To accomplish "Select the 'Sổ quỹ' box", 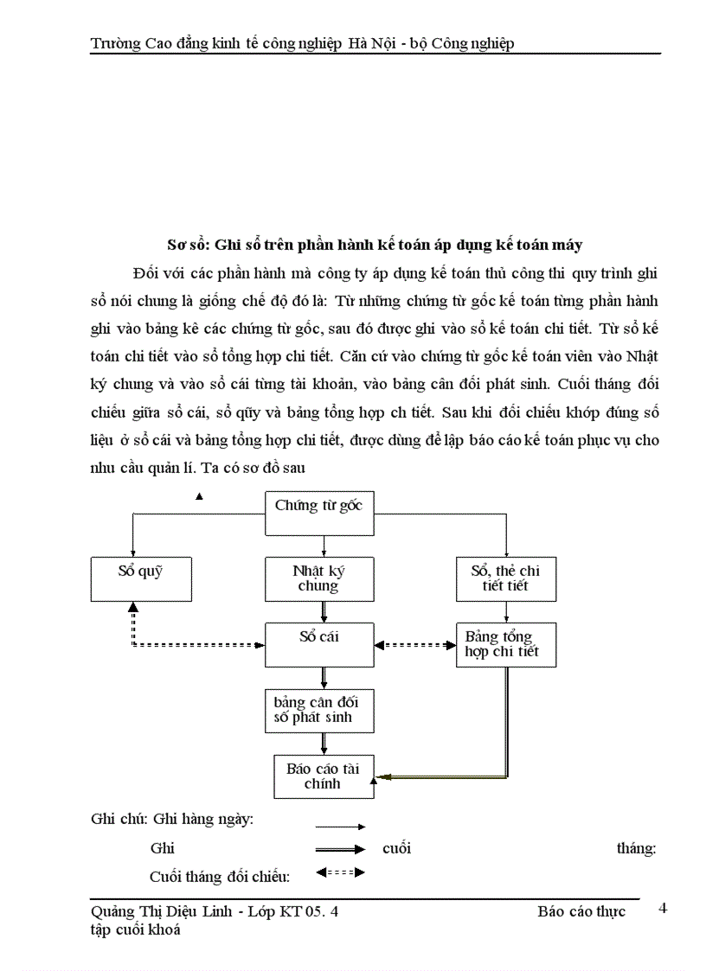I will click(140, 578).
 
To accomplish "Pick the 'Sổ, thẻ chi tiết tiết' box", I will click(505, 578).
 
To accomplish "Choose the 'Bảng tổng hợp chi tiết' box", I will click(505, 644).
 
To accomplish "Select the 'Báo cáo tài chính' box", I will click(323, 776).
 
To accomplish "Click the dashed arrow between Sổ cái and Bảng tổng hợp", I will click(414, 645).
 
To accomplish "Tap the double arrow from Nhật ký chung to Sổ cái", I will click(323, 612).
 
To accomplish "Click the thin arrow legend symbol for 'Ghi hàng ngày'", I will click(340, 827).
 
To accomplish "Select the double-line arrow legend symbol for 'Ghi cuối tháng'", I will click(340, 849).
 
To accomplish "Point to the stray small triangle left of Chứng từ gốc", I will click(200, 496).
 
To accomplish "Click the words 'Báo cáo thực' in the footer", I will click(581, 911).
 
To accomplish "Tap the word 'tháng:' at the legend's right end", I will click(636, 849).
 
